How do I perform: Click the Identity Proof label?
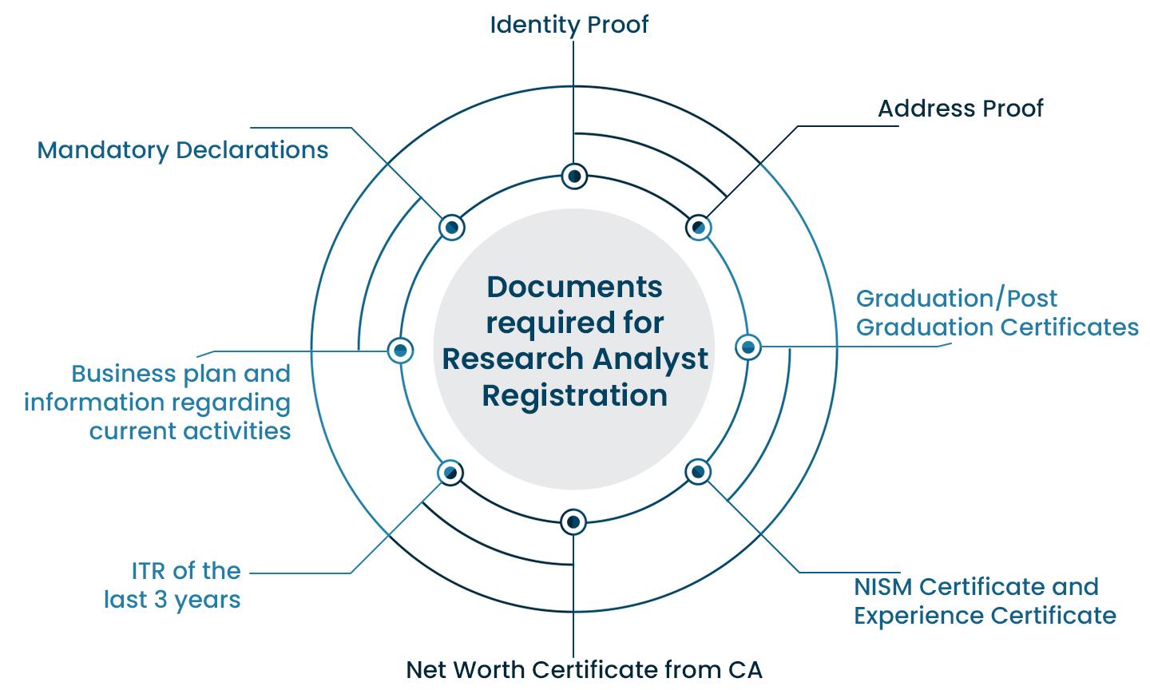569,25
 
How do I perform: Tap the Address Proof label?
960,109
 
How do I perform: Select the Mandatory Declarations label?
183,150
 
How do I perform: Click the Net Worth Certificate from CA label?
584,669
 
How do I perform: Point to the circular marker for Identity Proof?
574,176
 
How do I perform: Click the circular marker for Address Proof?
698,228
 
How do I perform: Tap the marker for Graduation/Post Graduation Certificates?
748,347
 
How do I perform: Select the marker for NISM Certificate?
698,472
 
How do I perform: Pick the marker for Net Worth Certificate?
573,522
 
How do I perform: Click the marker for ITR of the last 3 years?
450,473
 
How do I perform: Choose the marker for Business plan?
400,350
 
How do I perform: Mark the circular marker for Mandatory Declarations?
451,228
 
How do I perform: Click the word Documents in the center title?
574,287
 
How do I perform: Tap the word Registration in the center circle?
574,395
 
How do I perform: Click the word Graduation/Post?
956,299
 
